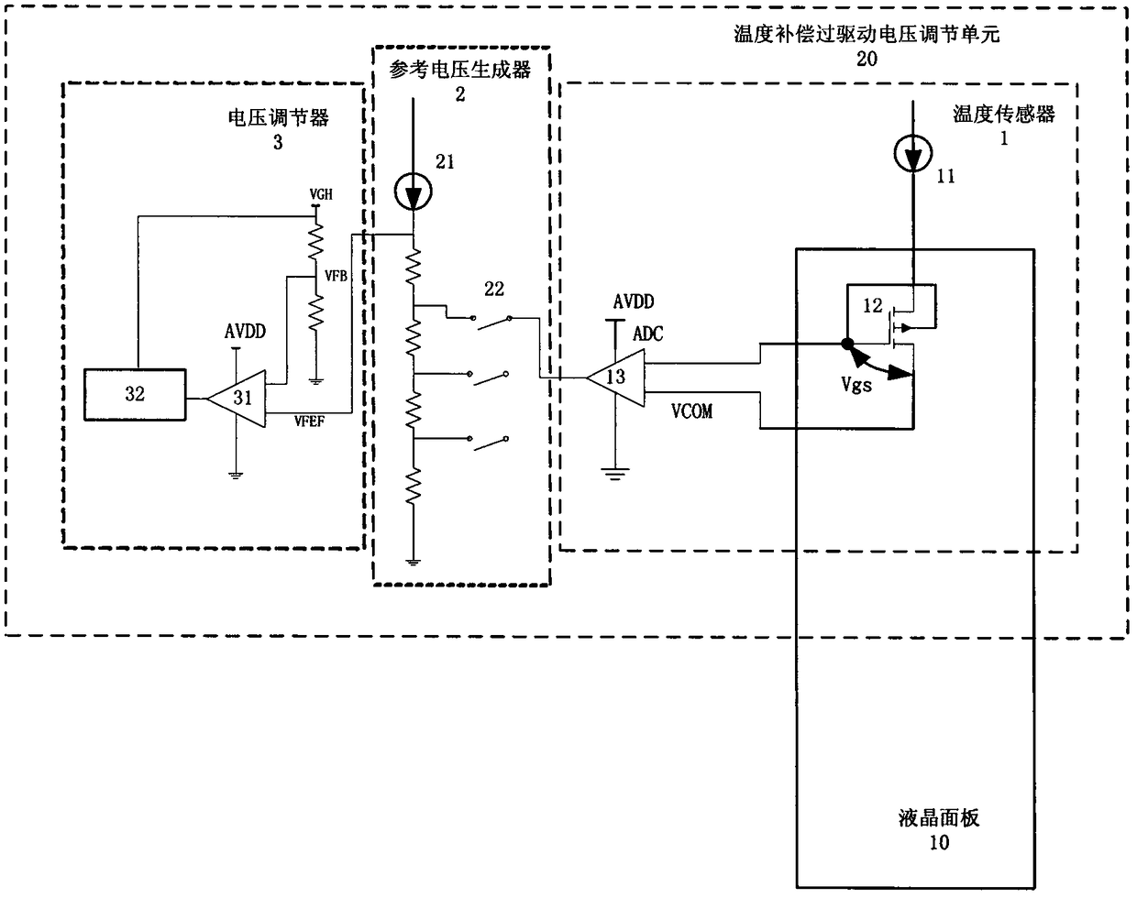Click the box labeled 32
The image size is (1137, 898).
tap(135, 394)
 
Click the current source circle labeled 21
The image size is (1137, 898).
tap(414, 192)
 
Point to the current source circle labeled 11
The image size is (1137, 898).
tap(913, 153)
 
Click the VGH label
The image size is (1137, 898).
tap(321, 195)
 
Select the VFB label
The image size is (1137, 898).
tap(336, 276)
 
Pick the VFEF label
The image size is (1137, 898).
tap(309, 422)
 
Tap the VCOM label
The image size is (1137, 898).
tap(691, 411)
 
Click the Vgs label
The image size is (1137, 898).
tap(856, 386)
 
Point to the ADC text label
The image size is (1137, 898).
tap(647, 334)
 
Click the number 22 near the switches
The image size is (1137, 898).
tap(494, 289)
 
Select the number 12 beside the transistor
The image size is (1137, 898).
tap(873, 305)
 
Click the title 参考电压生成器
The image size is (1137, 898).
tap(460, 70)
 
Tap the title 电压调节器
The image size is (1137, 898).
tap(279, 117)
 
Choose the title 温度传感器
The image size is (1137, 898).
tap(1004, 114)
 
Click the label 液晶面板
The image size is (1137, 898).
tap(939, 818)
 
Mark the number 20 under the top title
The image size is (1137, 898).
tap(867, 59)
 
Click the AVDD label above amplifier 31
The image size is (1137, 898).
tap(245, 332)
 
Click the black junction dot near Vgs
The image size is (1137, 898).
tap(847, 345)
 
